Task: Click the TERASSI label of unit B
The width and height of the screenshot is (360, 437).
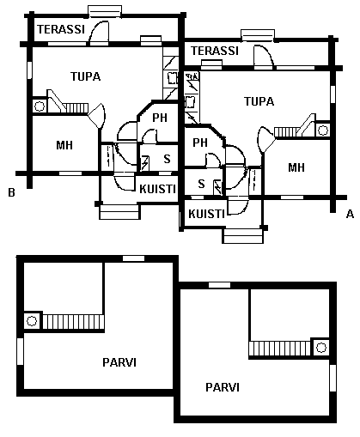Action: (x=61, y=29)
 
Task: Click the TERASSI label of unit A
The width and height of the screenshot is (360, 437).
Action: (x=215, y=51)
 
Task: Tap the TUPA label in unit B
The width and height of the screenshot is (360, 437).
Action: (x=85, y=76)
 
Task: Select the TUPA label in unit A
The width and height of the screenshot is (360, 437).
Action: (x=259, y=101)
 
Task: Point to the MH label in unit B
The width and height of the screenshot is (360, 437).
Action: (x=64, y=145)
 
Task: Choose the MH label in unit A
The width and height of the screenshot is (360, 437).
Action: (x=296, y=167)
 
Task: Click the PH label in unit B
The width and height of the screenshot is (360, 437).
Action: (x=160, y=118)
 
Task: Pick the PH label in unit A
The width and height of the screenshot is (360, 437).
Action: (x=200, y=143)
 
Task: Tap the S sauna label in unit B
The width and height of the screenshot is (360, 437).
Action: (x=167, y=159)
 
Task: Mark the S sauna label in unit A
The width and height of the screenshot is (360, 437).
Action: (x=201, y=184)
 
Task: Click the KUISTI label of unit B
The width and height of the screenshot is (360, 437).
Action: (x=157, y=189)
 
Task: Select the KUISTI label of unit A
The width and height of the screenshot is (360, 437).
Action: (x=206, y=214)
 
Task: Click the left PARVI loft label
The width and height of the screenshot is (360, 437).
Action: (x=119, y=362)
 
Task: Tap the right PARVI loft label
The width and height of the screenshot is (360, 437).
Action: (x=223, y=387)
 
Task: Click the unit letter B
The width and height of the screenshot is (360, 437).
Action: (x=11, y=192)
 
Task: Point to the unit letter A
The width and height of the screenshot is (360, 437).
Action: (x=350, y=214)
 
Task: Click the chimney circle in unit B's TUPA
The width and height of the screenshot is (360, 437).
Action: (x=40, y=106)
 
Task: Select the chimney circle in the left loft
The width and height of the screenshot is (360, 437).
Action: (x=32, y=321)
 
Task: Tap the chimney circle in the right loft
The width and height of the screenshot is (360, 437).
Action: (x=321, y=348)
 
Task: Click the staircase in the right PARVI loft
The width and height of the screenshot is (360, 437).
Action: (x=279, y=349)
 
